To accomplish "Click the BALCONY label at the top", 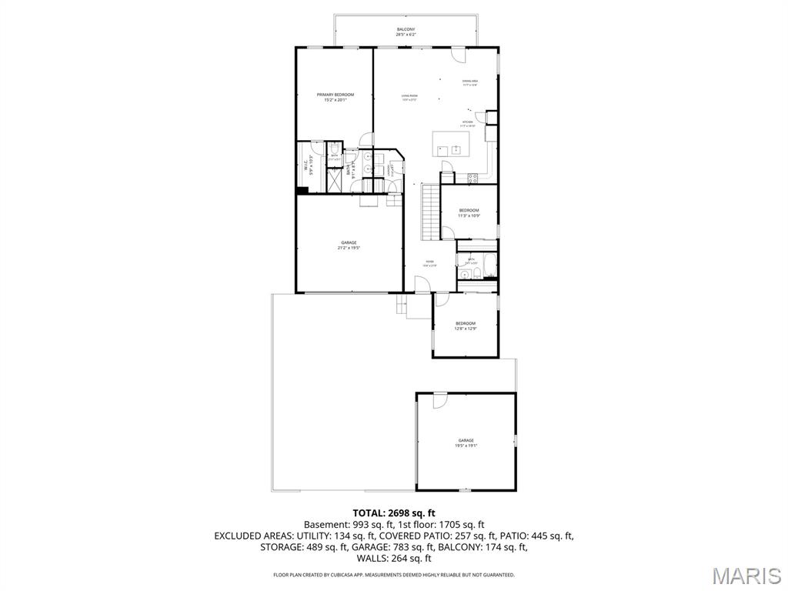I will pyautogui.click(x=406, y=29).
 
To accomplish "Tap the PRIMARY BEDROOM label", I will pyautogui.click(x=336, y=95).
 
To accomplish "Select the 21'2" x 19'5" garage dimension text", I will pyautogui.click(x=349, y=248).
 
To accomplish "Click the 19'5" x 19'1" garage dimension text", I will pyautogui.click(x=466, y=446).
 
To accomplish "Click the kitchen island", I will pyautogui.click(x=451, y=143).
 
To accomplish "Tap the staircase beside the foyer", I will pyautogui.click(x=429, y=212).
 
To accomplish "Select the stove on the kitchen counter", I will pyautogui.click(x=473, y=179).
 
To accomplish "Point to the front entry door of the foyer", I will pyautogui.click(x=422, y=285).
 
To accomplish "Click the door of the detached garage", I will pyautogui.click(x=439, y=400).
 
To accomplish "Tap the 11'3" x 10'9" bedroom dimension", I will pyautogui.click(x=469, y=216).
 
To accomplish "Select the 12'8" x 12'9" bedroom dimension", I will pyautogui.click(x=466, y=329).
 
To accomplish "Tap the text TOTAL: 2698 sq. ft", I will pyautogui.click(x=394, y=513).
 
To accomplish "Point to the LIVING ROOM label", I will pyautogui.click(x=409, y=96).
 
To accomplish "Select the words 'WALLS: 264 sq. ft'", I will pyautogui.click(x=394, y=559).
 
